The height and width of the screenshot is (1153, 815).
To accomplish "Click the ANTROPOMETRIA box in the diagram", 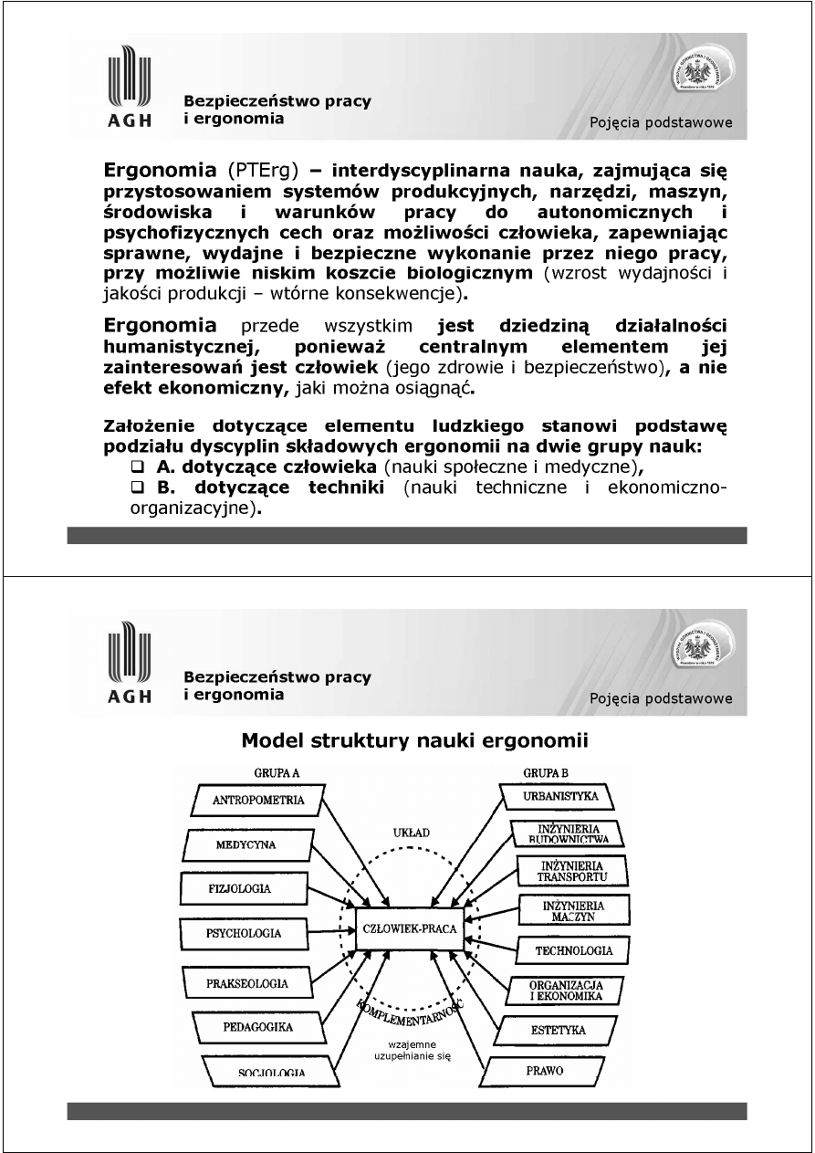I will [257, 801].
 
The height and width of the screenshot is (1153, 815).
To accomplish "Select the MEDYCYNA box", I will [246, 844].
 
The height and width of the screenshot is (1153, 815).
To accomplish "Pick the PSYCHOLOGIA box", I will [244, 934].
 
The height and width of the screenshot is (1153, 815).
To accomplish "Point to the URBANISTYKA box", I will [560, 796].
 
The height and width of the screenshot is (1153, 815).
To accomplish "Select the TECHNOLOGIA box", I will [574, 950].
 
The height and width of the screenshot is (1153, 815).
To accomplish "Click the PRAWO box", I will [544, 1070].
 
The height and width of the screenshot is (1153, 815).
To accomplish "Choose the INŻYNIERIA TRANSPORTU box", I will [573, 871].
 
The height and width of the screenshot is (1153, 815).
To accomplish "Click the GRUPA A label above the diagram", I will [270, 772].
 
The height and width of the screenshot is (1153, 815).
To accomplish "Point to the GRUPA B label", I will [546, 772].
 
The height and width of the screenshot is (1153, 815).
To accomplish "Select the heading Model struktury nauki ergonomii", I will [414, 740].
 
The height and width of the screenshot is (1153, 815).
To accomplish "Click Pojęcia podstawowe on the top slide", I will [661, 123].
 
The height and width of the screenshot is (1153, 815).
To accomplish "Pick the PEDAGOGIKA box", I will [257, 1027].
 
